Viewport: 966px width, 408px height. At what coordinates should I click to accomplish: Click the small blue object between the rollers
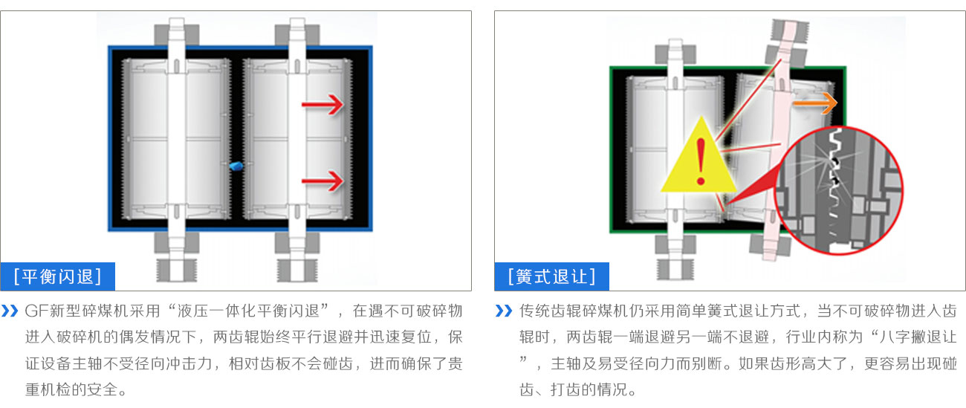coord(236,166)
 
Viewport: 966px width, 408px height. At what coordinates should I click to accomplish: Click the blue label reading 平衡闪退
coord(58,276)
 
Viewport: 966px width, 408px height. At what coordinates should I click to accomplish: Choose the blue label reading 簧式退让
coord(551,276)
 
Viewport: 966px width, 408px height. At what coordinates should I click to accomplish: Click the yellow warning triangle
coord(698,160)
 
